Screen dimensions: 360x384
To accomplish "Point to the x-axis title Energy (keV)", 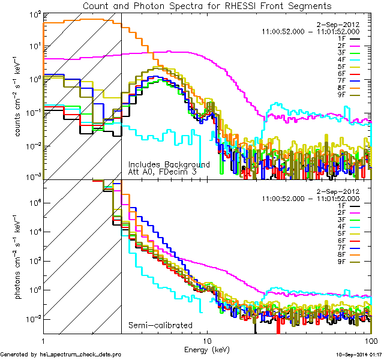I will (x=206, y=348).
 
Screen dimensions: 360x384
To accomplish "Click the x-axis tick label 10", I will (x=207, y=339).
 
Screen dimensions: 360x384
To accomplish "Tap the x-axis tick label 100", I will (x=370, y=339).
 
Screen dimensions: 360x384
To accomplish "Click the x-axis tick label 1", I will (x=43, y=339).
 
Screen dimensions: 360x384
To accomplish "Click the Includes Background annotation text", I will (x=169, y=164).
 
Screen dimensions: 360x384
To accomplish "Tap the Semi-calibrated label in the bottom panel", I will (x=160, y=325).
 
